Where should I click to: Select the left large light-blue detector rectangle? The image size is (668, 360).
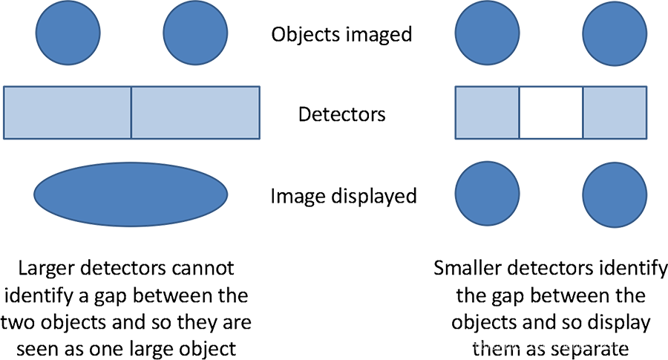[68, 114]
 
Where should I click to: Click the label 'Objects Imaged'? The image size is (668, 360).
[341, 34]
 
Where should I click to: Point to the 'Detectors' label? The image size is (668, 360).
[341, 115]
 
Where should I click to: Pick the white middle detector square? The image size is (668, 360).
[550, 114]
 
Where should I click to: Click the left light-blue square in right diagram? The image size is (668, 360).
[486, 114]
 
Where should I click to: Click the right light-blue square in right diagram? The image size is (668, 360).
[615, 114]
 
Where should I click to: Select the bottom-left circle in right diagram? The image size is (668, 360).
[487, 195]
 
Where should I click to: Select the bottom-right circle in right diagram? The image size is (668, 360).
[615, 195]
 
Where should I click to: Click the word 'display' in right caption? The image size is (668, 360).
[622, 324]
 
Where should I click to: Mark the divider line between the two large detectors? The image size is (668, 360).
[131, 114]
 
